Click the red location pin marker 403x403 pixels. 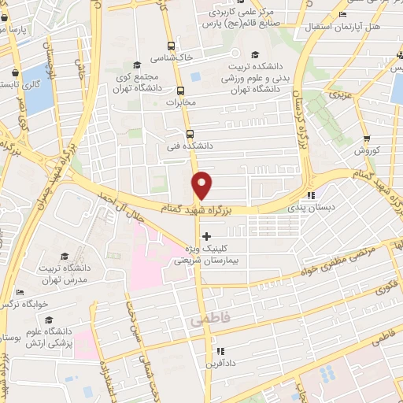click(203, 185)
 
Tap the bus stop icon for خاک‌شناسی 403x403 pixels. click(171, 46)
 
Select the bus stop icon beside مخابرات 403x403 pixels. click(180, 91)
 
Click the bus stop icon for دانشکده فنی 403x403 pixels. click(189, 134)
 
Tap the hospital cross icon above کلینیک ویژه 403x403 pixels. click(206, 236)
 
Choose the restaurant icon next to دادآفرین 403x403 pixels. click(221, 351)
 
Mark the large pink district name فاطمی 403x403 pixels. click(207, 322)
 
